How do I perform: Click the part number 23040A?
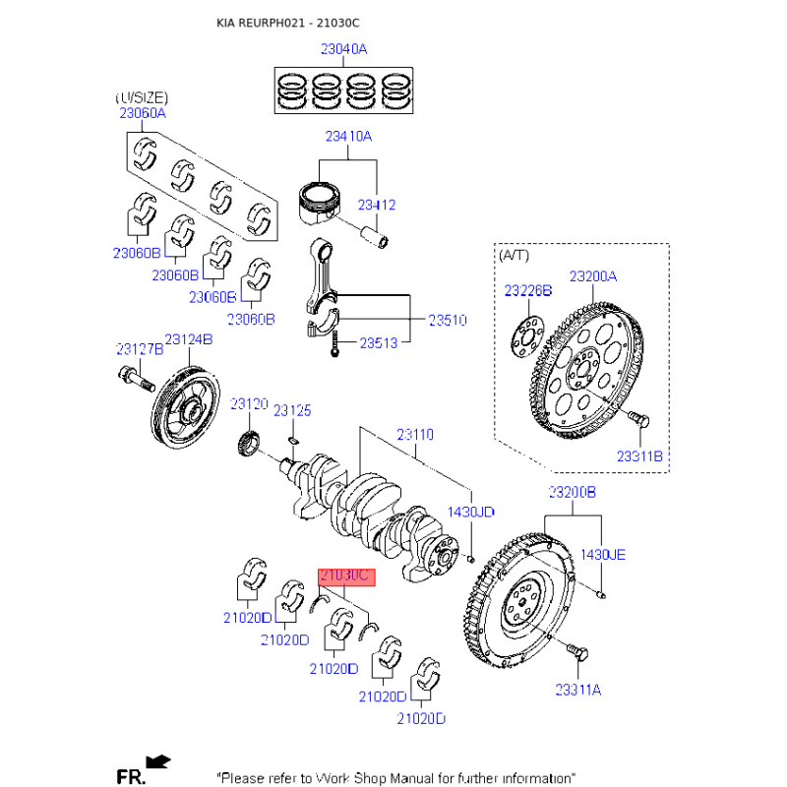click(x=343, y=48)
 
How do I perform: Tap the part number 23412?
click(x=377, y=206)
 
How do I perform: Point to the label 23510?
click(x=447, y=321)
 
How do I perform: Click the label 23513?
click(x=378, y=343)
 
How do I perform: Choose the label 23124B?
click(x=189, y=339)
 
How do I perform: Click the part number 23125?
click(x=292, y=410)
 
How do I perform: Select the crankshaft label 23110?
click(x=415, y=434)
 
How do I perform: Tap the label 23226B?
click(x=528, y=291)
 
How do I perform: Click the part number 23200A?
click(x=593, y=276)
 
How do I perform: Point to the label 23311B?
click(x=640, y=455)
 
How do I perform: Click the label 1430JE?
click(x=602, y=554)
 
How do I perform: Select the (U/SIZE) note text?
click(x=142, y=97)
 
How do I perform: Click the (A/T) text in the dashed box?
click(x=514, y=255)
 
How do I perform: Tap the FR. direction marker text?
click(x=131, y=777)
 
